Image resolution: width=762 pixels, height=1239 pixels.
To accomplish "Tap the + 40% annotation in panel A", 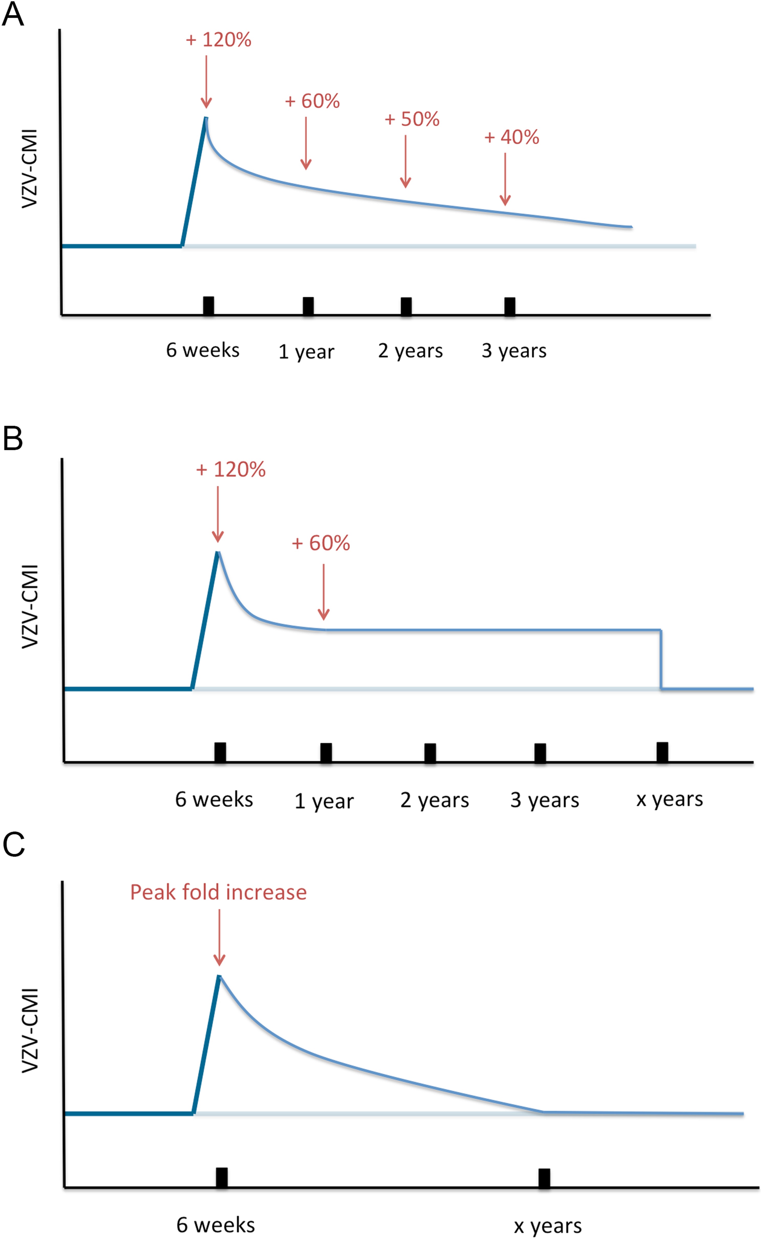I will [512, 137].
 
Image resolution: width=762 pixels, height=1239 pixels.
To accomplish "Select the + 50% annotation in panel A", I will [412, 119].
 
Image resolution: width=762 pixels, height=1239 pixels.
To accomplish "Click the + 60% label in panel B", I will [321, 544].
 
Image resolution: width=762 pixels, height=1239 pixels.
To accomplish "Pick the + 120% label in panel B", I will [231, 470].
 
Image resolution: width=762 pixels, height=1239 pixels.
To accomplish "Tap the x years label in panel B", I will [669, 799].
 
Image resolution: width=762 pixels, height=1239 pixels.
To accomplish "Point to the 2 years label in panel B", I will [434, 800].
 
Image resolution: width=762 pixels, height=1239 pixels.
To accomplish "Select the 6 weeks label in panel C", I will [216, 1225].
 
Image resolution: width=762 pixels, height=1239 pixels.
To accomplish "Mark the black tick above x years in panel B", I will [662, 753].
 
